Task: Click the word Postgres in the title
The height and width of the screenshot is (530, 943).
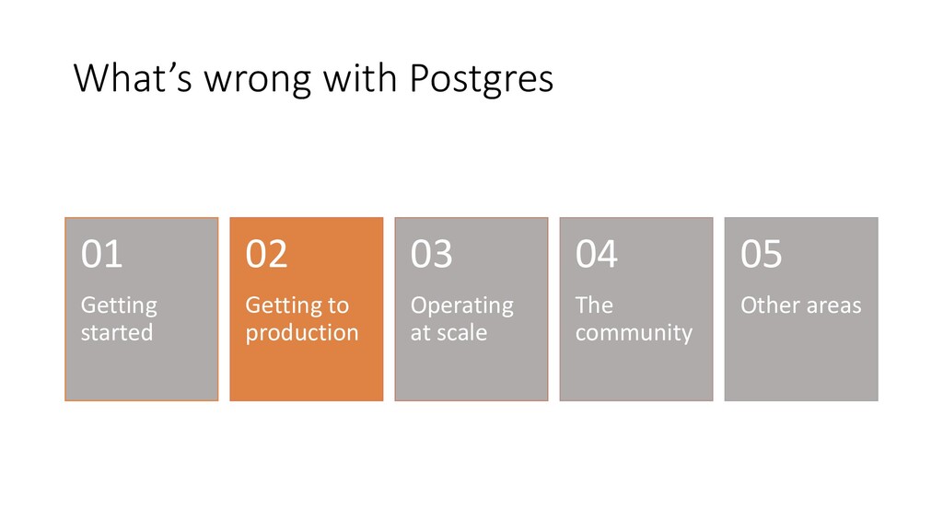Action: click(481, 79)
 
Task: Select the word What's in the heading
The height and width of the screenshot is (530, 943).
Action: click(133, 77)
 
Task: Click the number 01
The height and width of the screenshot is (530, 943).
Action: click(101, 254)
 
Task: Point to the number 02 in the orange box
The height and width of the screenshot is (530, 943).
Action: click(266, 254)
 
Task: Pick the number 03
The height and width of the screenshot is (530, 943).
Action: click(431, 254)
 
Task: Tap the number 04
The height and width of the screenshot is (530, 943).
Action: click(596, 254)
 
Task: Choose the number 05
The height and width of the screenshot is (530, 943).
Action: click(761, 254)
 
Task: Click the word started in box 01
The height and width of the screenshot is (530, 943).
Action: click(117, 332)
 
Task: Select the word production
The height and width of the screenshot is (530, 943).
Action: click(302, 333)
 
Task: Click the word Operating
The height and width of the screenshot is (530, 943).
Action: click(462, 306)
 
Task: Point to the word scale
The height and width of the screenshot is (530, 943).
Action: click(462, 332)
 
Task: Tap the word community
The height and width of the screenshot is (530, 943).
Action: click(634, 333)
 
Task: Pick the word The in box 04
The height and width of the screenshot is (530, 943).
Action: click(594, 305)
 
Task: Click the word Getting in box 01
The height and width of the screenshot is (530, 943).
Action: click(119, 306)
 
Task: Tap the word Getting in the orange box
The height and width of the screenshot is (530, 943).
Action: click(284, 306)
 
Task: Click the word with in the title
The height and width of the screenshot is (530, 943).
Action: click(360, 78)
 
